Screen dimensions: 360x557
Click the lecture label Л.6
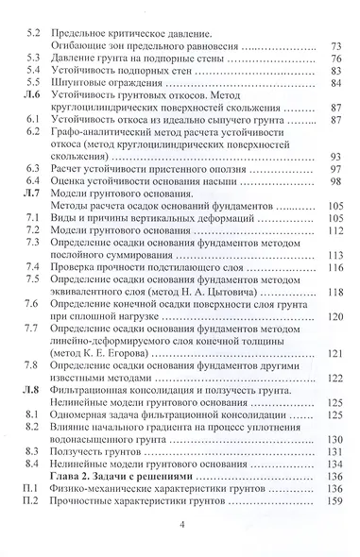pyautogui.click(x=33, y=96)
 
